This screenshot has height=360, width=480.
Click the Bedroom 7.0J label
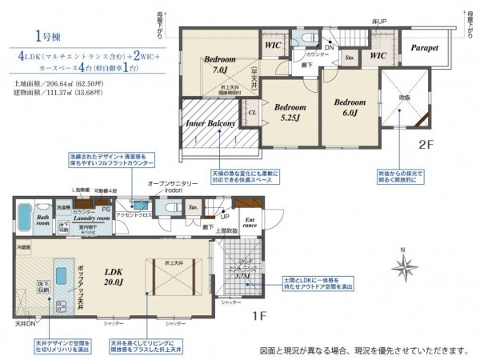[x=218, y=64]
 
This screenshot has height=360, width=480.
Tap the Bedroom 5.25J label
[x=286, y=112]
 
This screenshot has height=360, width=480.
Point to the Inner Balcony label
[x=210, y=124]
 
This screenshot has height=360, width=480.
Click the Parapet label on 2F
[x=425, y=48]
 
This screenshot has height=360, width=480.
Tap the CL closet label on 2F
[x=252, y=114]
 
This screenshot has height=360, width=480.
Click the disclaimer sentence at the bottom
[x=364, y=350]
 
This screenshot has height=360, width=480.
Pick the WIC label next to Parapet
[x=378, y=55]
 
